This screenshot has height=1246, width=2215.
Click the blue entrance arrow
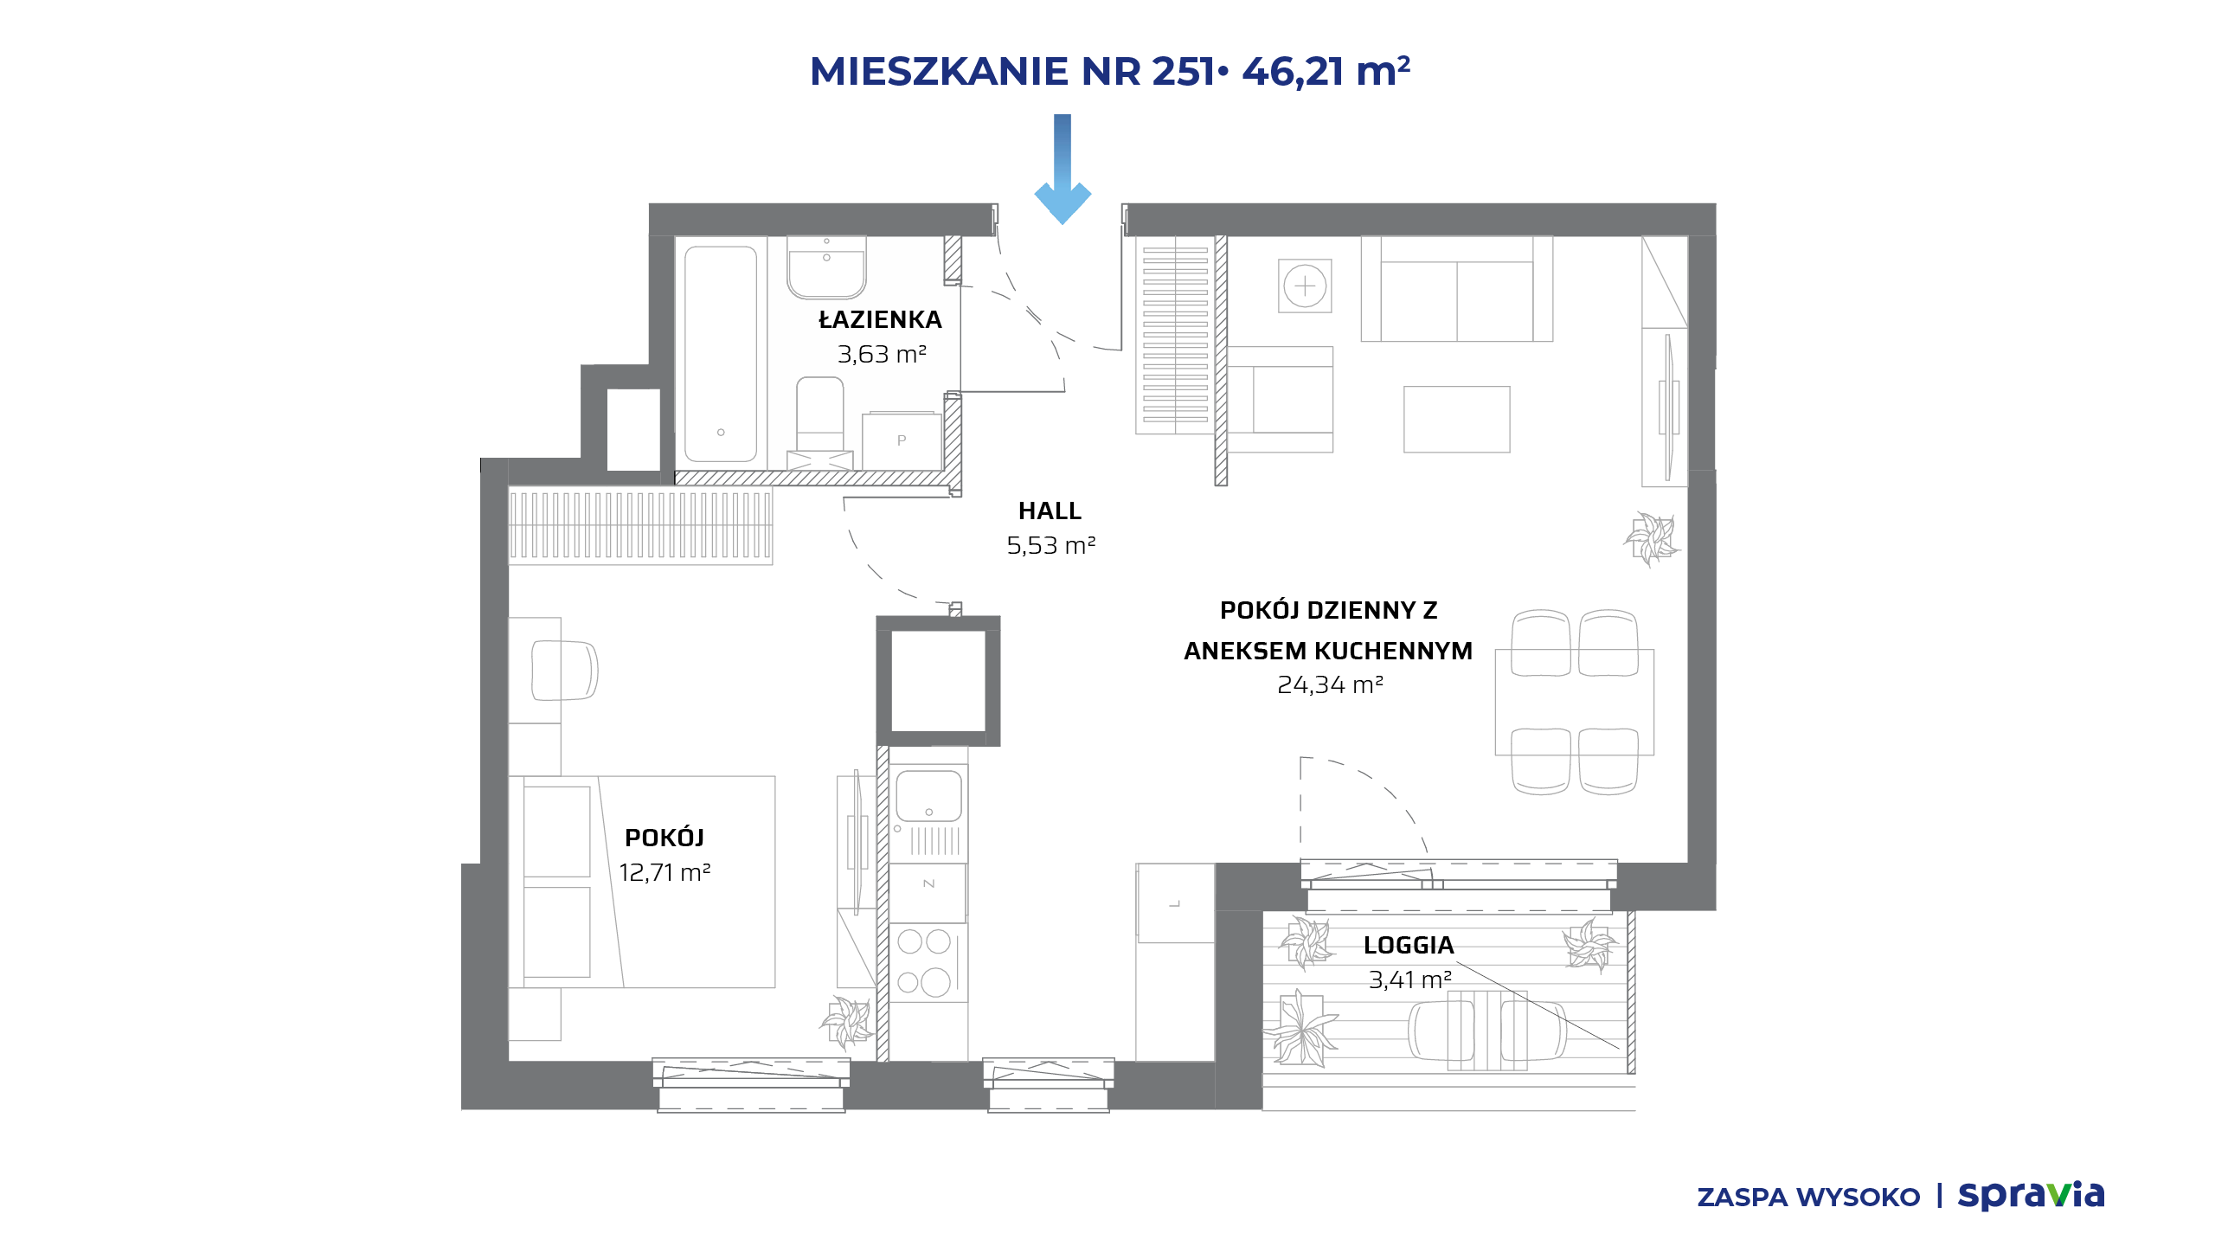[x=1063, y=170]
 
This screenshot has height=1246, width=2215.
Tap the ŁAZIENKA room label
[x=881, y=319]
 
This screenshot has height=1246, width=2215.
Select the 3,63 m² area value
[x=882, y=355]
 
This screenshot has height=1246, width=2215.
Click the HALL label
[x=1050, y=511]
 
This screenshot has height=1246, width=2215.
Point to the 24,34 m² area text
[x=1330, y=685]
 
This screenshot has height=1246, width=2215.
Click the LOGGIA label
[x=1409, y=945]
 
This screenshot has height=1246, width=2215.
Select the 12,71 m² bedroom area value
[x=664, y=872]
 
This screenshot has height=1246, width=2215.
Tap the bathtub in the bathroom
[x=721, y=354]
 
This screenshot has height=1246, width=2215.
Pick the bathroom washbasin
[x=826, y=267]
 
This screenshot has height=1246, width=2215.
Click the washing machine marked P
[x=902, y=441]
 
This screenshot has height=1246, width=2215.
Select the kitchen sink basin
[x=928, y=796]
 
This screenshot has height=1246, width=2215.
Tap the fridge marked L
[x=1175, y=903]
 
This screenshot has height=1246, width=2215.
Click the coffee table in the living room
[x=1457, y=420]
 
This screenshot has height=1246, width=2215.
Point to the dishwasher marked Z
[x=928, y=883]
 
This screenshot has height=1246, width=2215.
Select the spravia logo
[x=2031, y=1196]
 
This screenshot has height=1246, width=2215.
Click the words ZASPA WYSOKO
[x=1808, y=1198]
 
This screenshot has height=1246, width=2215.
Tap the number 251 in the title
[x=1184, y=71]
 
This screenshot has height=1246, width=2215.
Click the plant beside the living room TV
[x=1652, y=539]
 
